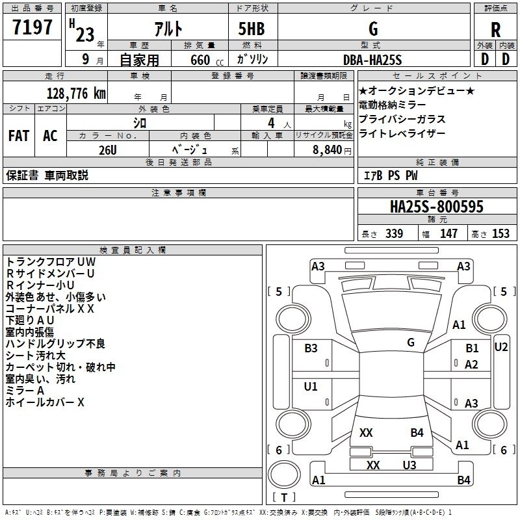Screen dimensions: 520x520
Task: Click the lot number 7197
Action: (32, 27)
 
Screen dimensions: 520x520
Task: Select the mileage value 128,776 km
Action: (76, 94)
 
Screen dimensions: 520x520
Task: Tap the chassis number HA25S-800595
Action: (436, 207)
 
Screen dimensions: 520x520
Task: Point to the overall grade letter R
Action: (495, 30)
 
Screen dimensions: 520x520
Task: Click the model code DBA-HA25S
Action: (372, 60)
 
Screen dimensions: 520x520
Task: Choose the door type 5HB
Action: (252, 29)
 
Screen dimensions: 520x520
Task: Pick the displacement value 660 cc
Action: (207, 60)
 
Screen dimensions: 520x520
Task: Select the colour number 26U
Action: (108, 150)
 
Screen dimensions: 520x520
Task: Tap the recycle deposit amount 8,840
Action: (328, 150)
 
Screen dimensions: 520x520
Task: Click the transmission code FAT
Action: (19, 136)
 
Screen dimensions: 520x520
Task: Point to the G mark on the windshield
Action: (411, 342)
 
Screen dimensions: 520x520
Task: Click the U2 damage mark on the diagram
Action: (500, 347)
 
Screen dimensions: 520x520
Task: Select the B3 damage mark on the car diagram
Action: (311, 348)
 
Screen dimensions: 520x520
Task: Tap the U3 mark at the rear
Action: (409, 465)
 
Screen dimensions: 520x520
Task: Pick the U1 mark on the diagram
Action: (311, 386)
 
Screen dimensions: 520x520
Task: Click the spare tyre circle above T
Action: (284, 474)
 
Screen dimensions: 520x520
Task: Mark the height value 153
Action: (500, 234)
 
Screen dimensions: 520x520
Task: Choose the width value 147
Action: (448, 234)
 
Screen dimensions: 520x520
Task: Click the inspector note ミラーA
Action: (25, 391)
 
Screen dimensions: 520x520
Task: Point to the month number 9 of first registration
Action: (86, 59)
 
